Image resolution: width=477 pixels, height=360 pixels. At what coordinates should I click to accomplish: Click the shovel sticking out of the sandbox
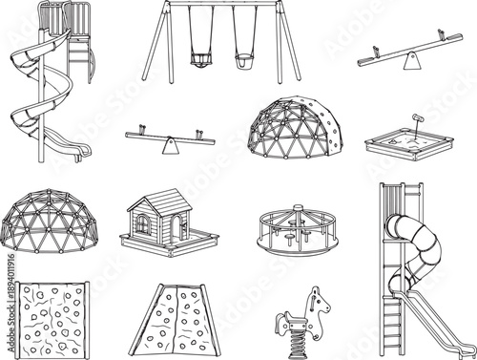(x=416, y=121)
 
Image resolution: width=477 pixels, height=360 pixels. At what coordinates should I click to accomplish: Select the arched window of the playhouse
(x=143, y=223)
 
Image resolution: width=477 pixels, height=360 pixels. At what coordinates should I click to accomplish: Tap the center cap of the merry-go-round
(x=298, y=207)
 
